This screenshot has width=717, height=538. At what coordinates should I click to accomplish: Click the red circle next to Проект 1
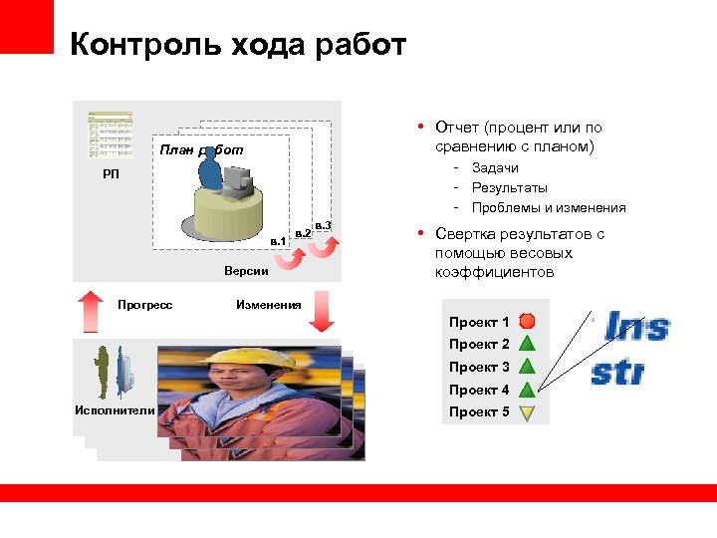point(528,322)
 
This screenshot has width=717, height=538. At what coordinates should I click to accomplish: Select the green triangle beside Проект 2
point(528,345)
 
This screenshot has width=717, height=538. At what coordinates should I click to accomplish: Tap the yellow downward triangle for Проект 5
point(528,411)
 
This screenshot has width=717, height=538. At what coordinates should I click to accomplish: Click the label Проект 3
point(479,367)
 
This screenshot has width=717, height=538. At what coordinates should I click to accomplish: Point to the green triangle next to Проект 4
point(528,390)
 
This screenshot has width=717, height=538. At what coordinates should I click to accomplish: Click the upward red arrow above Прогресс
point(90,310)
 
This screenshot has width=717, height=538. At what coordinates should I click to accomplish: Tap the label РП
point(110,175)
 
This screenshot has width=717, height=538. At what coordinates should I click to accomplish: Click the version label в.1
point(279,241)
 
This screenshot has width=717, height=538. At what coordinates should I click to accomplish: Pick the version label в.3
point(323,226)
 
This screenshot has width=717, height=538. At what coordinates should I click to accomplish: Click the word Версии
point(245,271)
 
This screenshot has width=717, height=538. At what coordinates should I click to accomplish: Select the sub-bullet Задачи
point(494,168)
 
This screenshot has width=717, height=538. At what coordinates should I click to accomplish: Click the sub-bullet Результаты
point(509,188)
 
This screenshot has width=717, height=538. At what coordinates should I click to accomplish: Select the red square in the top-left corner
point(26,26)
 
